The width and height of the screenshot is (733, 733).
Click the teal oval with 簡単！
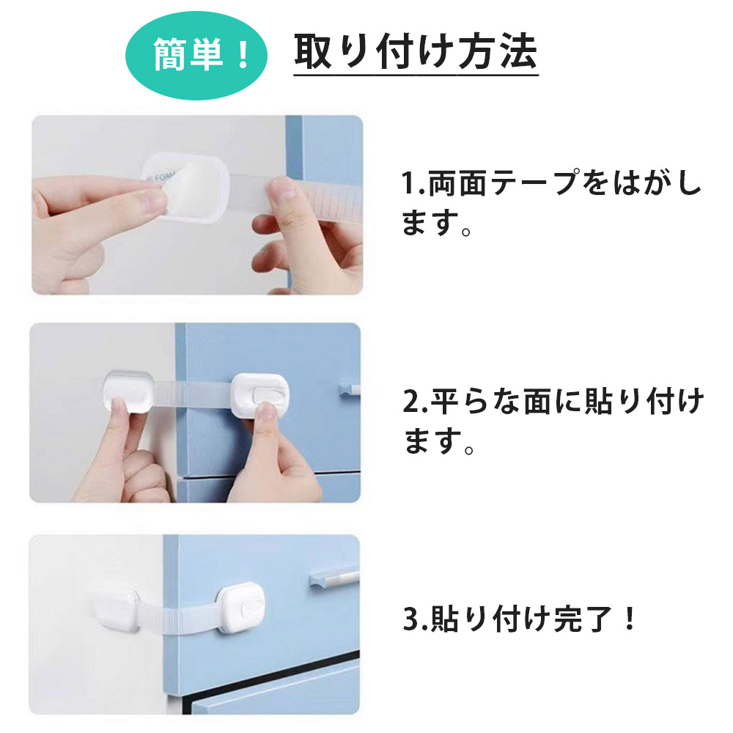(196, 55)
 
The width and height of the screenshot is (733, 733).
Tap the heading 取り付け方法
(416, 51)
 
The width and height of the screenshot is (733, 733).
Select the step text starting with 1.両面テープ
(552, 203)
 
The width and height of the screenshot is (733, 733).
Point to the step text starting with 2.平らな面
(553, 421)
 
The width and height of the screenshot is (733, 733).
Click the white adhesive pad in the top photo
(187, 186)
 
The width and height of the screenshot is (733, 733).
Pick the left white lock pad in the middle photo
(128, 391)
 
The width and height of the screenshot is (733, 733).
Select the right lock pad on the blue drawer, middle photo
(260, 394)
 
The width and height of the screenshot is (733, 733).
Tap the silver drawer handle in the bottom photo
(335, 579)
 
